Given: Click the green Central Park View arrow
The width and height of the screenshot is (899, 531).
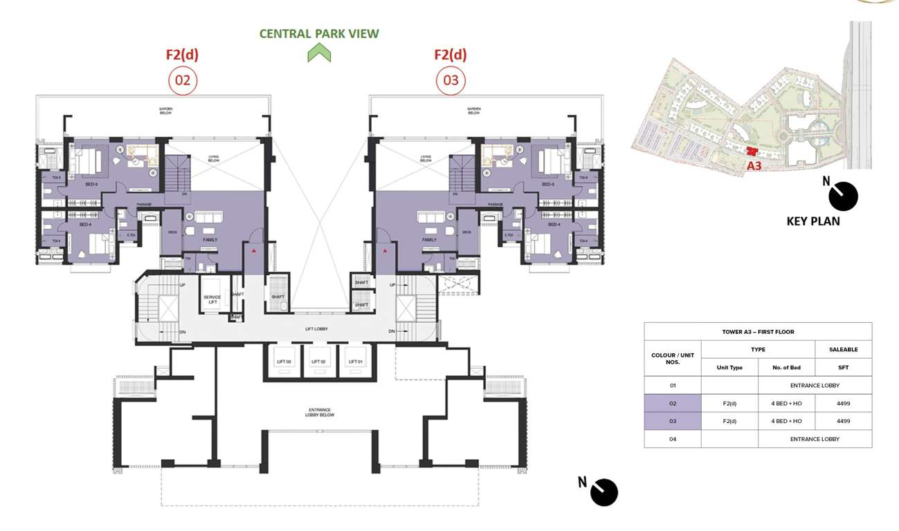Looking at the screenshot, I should click(319, 53).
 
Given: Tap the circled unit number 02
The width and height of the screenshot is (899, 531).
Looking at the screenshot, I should click(183, 81).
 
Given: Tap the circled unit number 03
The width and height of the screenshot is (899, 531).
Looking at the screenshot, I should click(450, 81).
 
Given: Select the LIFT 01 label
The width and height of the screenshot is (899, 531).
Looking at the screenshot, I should click(356, 362).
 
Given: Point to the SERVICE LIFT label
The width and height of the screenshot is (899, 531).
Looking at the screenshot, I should click(212, 299).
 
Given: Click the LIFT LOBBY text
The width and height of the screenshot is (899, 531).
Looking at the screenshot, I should click(316, 329).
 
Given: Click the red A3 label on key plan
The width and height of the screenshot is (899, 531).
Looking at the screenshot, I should click(754, 166).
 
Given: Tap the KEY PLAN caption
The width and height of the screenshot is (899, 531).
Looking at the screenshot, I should click(813, 221).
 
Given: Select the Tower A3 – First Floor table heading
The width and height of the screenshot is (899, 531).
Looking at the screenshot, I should click(758, 332).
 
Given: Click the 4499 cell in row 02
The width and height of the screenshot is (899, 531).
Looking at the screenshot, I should click(843, 403).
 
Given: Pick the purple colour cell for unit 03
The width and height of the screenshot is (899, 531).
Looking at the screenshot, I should click(672, 421).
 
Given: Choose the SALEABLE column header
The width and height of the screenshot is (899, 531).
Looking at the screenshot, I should click(843, 350).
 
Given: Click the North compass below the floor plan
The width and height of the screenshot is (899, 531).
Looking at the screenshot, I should click(603, 492).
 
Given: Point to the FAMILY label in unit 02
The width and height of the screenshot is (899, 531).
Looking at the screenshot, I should click(210, 240).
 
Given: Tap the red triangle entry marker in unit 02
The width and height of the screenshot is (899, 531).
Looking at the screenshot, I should click(255, 251).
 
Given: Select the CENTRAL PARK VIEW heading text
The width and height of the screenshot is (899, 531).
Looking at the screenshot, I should click(319, 33).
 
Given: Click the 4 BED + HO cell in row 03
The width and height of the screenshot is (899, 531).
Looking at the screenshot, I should click(786, 421).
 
